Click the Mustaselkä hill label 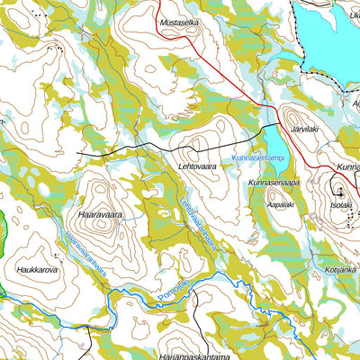pyautogui.click(x=180, y=23)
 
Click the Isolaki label pyautogui.click(x=341, y=204)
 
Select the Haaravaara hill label pyautogui.click(x=100, y=216)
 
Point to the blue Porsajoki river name pyautogui.click(x=173, y=290)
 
